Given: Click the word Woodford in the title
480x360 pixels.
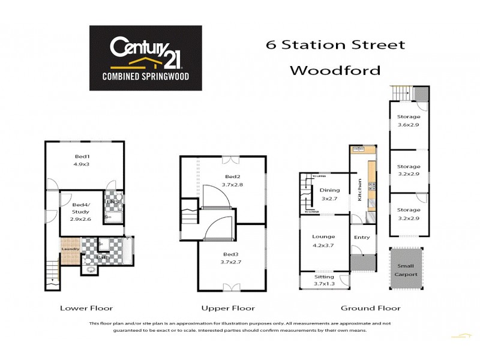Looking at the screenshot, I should point(335,70).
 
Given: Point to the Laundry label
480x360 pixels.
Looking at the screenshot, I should point(71,249).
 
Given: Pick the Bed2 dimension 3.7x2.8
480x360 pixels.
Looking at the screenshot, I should point(232,185).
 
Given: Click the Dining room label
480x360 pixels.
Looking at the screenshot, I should point(329,190).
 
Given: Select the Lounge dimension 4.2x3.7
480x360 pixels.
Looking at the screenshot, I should point(323,245).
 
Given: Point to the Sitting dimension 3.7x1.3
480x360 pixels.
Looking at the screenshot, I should point(324,284).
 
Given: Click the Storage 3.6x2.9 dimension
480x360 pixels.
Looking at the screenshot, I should point(408,125).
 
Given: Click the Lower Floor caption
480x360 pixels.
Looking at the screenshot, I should point(86,308).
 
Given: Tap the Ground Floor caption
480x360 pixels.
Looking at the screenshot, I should point(370,308).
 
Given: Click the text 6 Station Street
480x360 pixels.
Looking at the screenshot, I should point(335,44).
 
